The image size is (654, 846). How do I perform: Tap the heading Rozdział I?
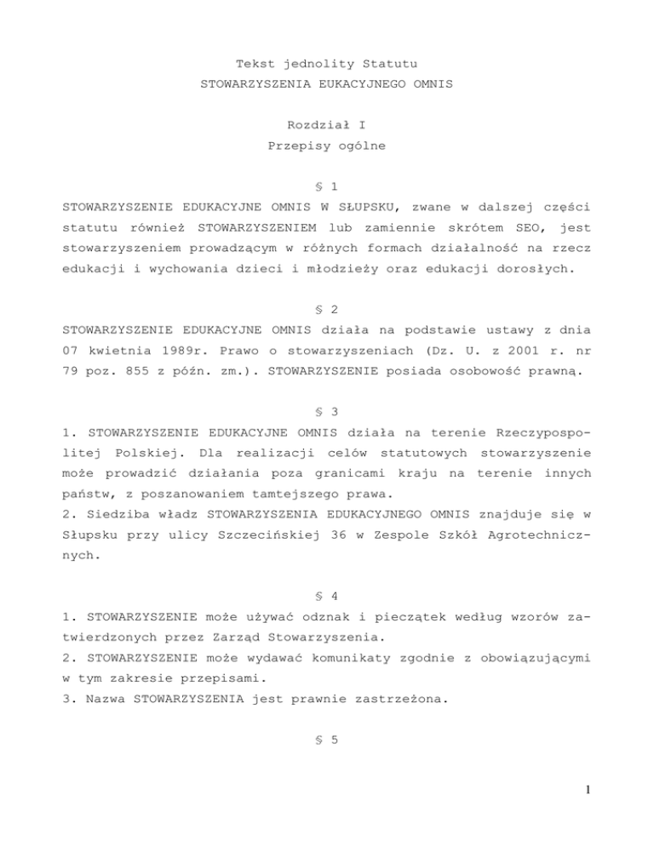coord(327,124)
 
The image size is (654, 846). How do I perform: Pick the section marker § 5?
coord(327,740)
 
